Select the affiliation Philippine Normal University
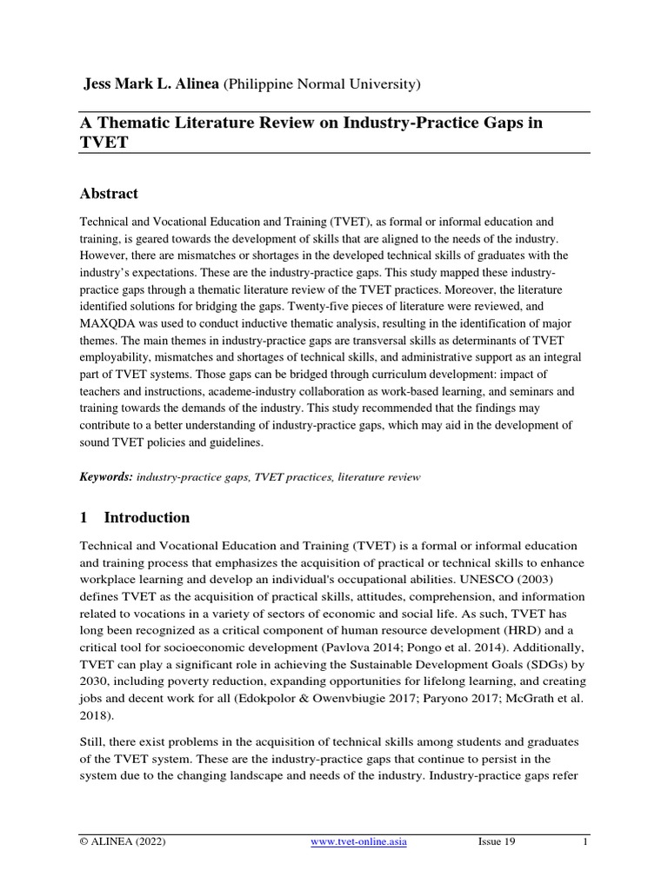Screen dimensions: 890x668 tap(323, 84)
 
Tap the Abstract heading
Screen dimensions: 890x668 tap(109, 193)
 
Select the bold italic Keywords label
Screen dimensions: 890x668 tap(106, 477)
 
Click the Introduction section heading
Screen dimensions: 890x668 tap(146, 517)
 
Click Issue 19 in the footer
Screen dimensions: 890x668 tap(497, 842)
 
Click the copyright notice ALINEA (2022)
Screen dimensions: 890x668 tap(123, 842)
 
